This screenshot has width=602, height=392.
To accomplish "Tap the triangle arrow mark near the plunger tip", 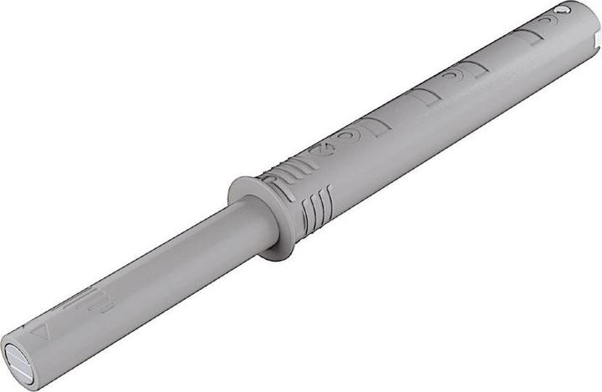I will [38, 332].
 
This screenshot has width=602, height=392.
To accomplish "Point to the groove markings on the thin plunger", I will [96, 299].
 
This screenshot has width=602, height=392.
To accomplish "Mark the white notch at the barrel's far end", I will [598, 38].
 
